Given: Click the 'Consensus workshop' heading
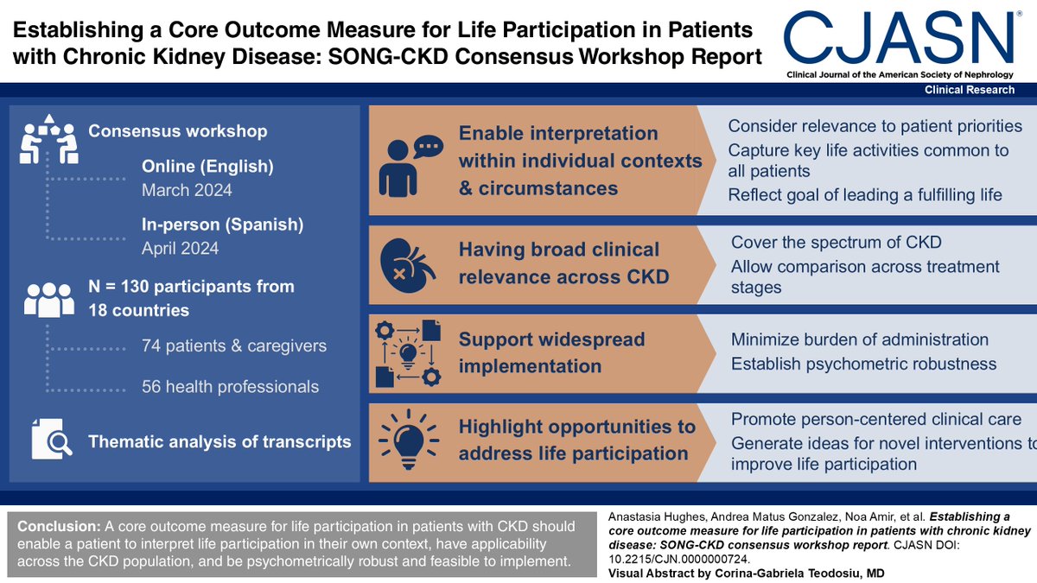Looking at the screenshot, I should point(178,131).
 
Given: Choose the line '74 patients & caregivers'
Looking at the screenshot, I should point(233,346).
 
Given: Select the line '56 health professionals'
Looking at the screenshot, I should point(230,387).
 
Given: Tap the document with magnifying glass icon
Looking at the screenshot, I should point(50,440).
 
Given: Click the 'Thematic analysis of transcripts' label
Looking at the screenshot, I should point(219,441).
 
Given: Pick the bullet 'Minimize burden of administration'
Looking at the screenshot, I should point(860,339).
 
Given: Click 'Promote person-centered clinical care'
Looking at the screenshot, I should point(875,420).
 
